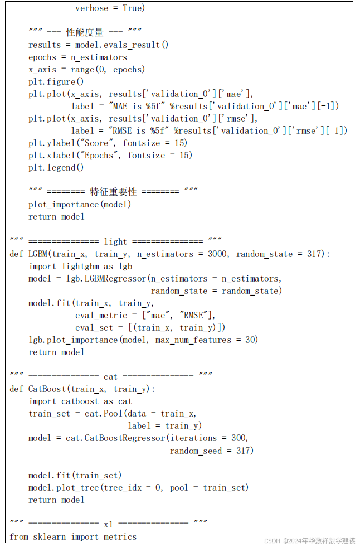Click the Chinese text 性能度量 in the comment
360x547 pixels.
click(x=85, y=33)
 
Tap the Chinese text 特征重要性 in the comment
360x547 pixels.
click(x=113, y=192)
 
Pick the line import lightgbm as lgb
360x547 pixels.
click(x=80, y=267)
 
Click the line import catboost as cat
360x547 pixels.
click(x=80, y=401)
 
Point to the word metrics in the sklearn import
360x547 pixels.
click(x=120, y=537)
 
